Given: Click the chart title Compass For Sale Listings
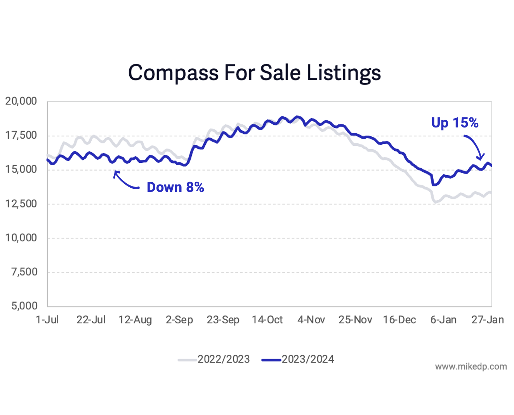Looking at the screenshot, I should coord(254,73).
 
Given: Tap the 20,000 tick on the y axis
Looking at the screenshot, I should coord(21,101).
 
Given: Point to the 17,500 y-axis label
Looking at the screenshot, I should coord(21,136).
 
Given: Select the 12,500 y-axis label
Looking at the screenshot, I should coord(21,204).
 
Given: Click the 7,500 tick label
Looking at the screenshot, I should coord(24,272).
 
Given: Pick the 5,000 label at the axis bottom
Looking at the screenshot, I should coord(24,306).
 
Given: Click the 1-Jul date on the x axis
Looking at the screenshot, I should coord(47,320).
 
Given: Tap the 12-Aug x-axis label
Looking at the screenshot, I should coord(135,320).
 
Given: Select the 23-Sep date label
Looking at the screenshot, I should coord(223,320).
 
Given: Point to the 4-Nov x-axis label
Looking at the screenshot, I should coord(311,320).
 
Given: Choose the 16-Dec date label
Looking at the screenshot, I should coord(399,320).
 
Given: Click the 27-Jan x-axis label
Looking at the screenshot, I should coord(487,320).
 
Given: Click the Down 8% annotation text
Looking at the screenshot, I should coord(175,187).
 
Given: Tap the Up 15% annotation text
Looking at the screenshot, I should coord(455,123).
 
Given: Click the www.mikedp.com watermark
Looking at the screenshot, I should coord(471,366).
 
